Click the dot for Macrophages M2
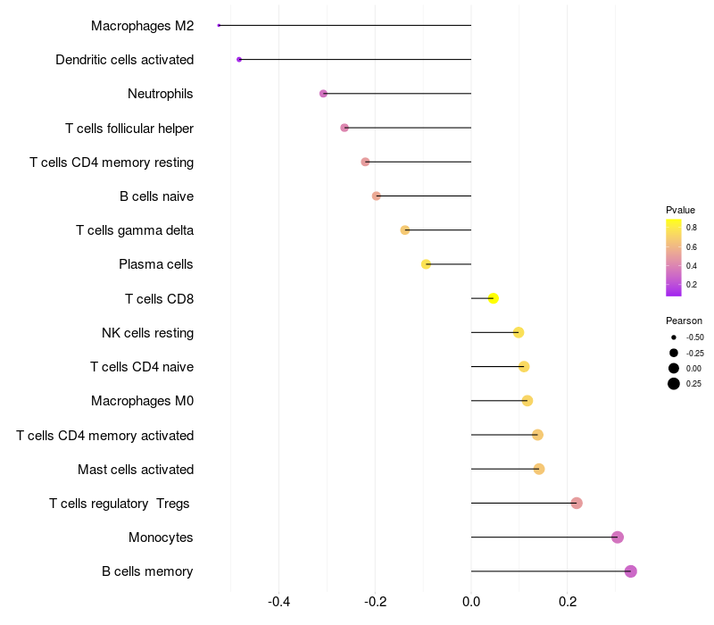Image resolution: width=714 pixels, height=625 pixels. click(x=219, y=25)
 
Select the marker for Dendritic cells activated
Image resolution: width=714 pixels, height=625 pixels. click(x=239, y=59)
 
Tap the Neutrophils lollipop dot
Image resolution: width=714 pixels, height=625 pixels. click(x=323, y=94)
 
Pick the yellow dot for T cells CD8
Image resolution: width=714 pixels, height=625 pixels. click(x=494, y=298)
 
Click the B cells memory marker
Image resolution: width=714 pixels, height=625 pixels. click(x=631, y=571)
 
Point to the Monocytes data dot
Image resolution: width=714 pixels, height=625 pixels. click(x=618, y=537)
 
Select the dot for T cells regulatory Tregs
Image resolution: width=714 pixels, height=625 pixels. click(x=577, y=504)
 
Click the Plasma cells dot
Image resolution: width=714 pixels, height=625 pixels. click(x=426, y=264)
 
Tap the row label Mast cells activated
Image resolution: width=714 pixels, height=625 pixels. click(x=136, y=470)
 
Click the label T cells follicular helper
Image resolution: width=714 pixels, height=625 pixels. click(x=129, y=129)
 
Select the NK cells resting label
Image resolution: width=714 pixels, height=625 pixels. click(x=147, y=333)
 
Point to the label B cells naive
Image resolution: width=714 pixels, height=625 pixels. click(x=156, y=196)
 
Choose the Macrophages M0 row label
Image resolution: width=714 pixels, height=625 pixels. click(x=142, y=401)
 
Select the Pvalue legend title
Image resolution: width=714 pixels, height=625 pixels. click(x=680, y=210)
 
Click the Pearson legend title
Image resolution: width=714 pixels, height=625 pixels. click(x=684, y=321)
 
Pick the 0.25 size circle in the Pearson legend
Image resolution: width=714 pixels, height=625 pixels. click(x=674, y=384)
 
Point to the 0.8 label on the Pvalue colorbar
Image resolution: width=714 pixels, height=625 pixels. click(x=692, y=228)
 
